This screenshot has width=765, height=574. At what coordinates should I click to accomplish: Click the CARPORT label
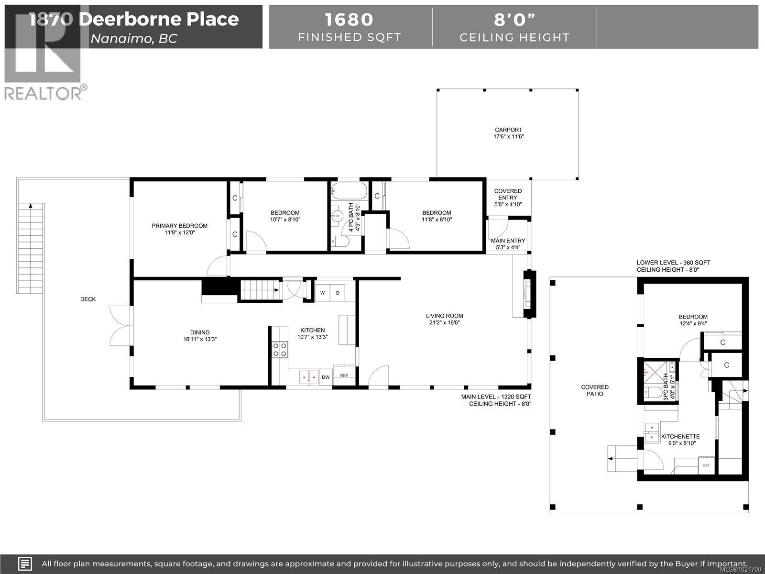click(x=508, y=130)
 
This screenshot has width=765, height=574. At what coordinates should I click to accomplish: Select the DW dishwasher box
click(x=326, y=377)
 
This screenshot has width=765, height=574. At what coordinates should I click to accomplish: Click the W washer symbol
click(x=322, y=293)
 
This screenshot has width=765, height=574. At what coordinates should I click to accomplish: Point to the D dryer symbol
click(x=338, y=293)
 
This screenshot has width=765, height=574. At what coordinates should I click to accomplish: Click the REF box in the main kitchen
click(x=344, y=375)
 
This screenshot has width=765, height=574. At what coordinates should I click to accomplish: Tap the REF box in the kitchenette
click(x=706, y=465)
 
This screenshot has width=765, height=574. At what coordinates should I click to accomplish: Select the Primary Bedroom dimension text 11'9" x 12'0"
click(x=179, y=233)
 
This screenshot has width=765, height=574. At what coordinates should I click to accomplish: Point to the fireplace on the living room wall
click(x=528, y=294)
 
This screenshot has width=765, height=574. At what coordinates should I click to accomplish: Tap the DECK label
click(x=88, y=299)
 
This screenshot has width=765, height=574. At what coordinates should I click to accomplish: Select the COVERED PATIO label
click(x=595, y=390)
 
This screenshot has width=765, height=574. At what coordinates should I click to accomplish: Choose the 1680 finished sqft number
click(x=349, y=20)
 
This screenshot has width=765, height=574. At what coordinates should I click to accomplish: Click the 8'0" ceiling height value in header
click(x=514, y=20)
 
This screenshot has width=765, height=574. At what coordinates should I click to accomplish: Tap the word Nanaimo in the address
click(x=120, y=38)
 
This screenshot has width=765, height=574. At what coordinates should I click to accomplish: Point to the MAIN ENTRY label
click(x=508, y=241)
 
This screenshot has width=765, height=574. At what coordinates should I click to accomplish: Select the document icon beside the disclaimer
click(x=25, y=563)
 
